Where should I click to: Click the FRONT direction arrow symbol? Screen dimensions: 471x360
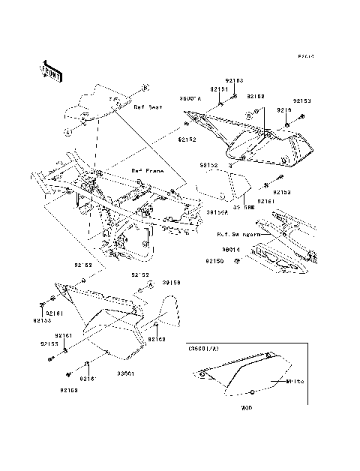(x=50, y=69)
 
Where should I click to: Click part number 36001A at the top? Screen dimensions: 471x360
(x=190, y=98)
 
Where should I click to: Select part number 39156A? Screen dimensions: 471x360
(x=217, y=212)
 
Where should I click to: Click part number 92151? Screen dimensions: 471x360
(x=218, y=89)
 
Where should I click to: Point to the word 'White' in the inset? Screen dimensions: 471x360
(x=296, y=382)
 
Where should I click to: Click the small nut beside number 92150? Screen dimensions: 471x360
(x=237, y=261)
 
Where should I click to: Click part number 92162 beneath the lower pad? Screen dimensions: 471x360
(x=156, y=340)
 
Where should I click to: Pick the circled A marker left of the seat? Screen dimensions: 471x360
(x=67, y=132)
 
